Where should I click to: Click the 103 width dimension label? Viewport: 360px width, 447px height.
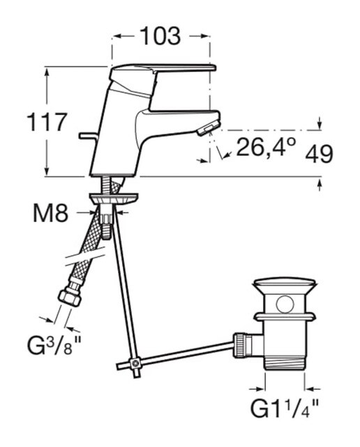click(160, 36)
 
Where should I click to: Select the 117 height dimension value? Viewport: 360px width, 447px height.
click(47, 122)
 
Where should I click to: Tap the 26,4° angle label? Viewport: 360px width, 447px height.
click(266, 147)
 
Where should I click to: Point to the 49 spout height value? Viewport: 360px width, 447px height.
click(319, 154)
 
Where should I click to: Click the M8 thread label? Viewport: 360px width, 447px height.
click(51, 213)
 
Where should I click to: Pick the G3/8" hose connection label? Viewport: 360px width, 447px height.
click(54, 344)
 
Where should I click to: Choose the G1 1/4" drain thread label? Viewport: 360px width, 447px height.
click(284, 408)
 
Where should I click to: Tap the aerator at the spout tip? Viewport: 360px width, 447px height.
click(209, 128)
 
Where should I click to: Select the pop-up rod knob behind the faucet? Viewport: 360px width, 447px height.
click(88, 136)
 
